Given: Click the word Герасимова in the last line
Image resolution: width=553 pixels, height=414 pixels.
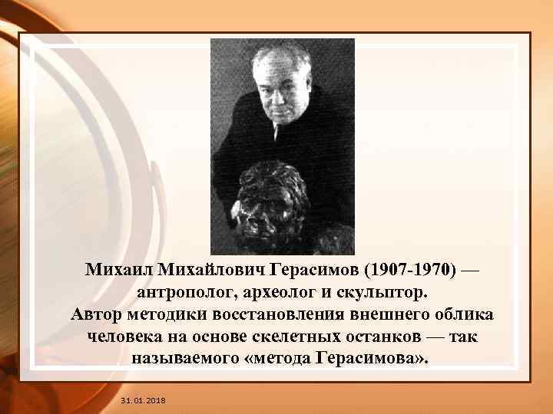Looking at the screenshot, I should pyautogui.click(x=366, y=360).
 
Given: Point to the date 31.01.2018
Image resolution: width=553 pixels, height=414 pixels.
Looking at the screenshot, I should pyautogui.click(x=143, y=401).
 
